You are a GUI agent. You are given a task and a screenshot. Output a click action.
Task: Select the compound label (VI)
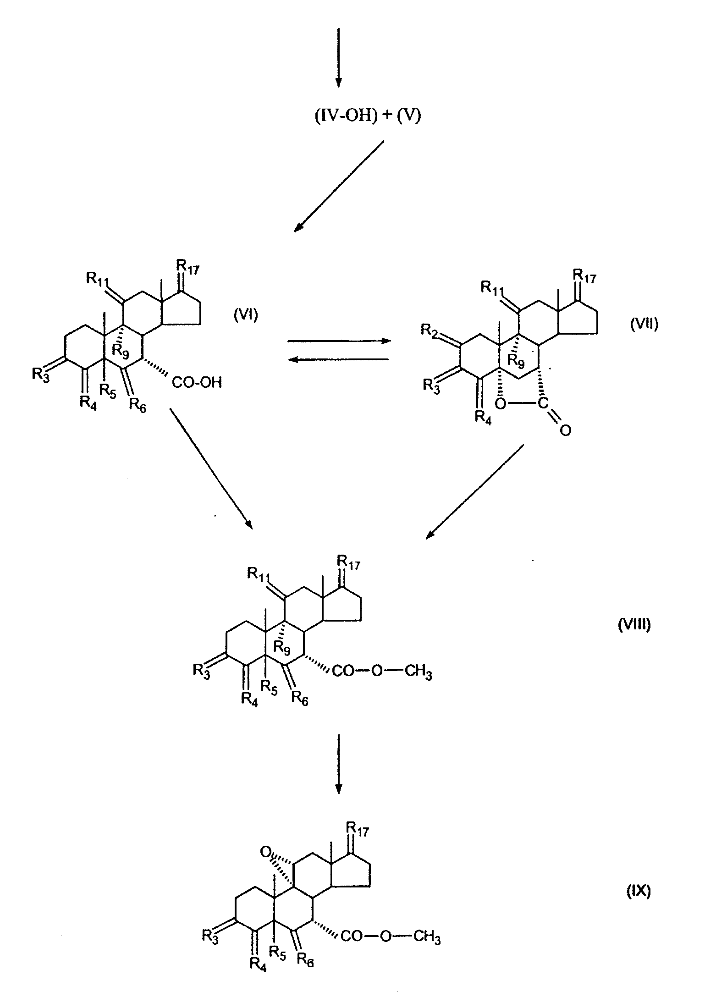(x=246, y=315)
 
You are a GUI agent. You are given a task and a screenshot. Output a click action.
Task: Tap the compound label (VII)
(x=644, y=324)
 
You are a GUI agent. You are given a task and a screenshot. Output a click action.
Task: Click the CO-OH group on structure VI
(x=197, y=382)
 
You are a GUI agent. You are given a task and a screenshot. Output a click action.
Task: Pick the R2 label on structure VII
(x=430, y=330)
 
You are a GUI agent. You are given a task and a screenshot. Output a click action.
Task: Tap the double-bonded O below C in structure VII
(x=565, y=430)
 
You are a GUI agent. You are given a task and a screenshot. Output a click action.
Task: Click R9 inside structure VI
(x=120, y=353)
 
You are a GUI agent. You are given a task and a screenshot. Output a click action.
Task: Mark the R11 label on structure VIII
(x=259, y=573)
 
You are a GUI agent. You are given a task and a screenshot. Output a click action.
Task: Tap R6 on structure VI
(x=138, y=405)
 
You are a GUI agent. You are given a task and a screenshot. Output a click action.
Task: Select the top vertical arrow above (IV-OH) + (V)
(x=338, y=57)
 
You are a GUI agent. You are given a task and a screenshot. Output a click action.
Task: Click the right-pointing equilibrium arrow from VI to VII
(x=339, y=341)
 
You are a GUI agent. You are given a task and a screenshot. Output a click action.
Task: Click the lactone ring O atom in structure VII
(x=501, y=404)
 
